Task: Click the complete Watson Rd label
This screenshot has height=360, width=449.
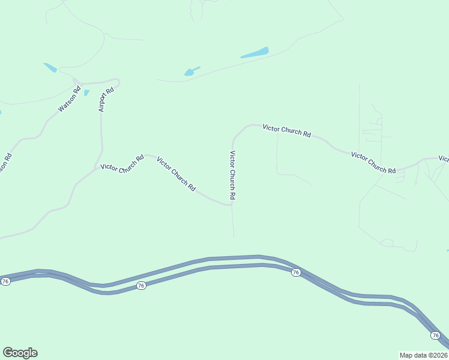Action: coord(69,100)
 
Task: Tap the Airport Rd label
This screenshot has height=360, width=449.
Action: coord(106,100)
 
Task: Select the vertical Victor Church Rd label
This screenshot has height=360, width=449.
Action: coord(232,175)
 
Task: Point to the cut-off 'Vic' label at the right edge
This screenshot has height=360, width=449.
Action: coord(444,159)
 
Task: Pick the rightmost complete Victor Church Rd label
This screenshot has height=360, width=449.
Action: coord(373,163)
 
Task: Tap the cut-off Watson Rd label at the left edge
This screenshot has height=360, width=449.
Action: coord(5,163)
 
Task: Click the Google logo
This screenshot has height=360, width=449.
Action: coord(20,353)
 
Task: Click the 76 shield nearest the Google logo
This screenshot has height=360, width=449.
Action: coord(5,281)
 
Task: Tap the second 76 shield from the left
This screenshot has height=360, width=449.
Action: coord(140,286)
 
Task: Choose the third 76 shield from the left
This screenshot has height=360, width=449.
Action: coord(295,272)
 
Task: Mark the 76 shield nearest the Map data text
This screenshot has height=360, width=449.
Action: coord(436,335)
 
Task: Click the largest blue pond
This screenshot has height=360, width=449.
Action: coord(255,53)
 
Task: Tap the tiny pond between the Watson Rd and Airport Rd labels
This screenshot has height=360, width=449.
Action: coord(86,93)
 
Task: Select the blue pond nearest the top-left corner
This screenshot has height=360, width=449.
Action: coord(50,68)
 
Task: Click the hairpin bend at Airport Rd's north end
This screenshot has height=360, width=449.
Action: coord(117,81)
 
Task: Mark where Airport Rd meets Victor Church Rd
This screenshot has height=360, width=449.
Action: coord(95,168)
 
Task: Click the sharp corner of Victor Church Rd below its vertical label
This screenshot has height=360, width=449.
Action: coord(231,204)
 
